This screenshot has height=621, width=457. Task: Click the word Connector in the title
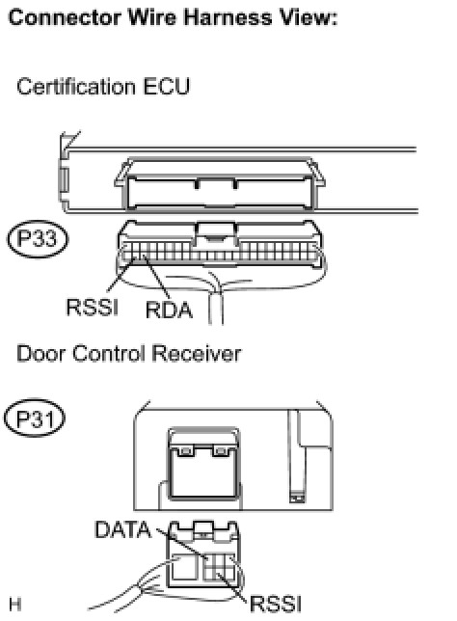pos(65,17)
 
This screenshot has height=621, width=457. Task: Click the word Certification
pos(76,87)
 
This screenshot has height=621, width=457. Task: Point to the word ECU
pos(166,87)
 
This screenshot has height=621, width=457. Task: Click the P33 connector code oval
pos(38,239)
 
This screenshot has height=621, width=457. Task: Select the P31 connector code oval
pos(35,418)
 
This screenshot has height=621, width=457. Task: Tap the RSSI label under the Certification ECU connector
pos(93,307)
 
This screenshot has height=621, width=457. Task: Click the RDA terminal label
pos(169,310)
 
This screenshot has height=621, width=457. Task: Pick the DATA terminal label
pos(123,529)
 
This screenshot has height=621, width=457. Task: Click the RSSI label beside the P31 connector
pos(276,604)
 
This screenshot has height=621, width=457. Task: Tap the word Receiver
pos(197,353)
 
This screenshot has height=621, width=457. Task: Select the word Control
pos(109,353)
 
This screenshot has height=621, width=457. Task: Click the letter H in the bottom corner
pos(15,605)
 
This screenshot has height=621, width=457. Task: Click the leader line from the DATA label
pos(181,544)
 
